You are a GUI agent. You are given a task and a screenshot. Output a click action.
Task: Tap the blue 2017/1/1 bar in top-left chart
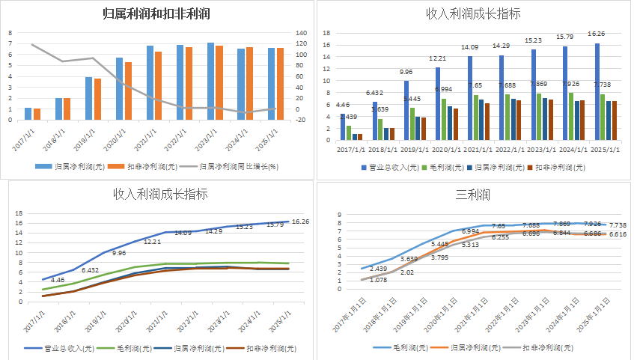(28, 114)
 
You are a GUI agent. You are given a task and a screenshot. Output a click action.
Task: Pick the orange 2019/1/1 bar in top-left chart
(97, 99)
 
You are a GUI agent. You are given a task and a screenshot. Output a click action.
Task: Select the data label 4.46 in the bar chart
(343, 105)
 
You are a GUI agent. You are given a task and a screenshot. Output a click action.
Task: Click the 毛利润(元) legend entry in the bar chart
(443, 168)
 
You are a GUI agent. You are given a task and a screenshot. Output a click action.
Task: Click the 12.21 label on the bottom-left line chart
(153, 242)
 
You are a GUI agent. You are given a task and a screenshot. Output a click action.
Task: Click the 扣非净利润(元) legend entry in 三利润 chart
(548, 348)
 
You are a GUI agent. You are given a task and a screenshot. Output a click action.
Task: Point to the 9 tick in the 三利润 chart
(339, 215)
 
